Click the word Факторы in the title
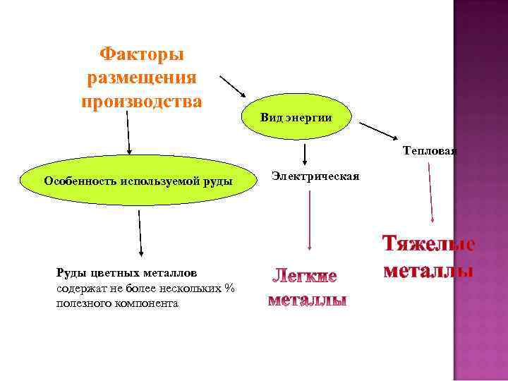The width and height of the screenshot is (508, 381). (141, 54)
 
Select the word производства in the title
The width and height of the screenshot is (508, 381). (141, 101)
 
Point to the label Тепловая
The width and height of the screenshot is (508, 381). (430, 150)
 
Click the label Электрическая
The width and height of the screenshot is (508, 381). (315, 176)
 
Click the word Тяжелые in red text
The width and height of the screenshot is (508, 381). (428, 244)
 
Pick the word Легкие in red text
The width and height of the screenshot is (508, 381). (306, 274)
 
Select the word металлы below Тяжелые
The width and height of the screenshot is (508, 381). (428, 271)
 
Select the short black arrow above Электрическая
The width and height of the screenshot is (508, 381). (304, 155)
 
